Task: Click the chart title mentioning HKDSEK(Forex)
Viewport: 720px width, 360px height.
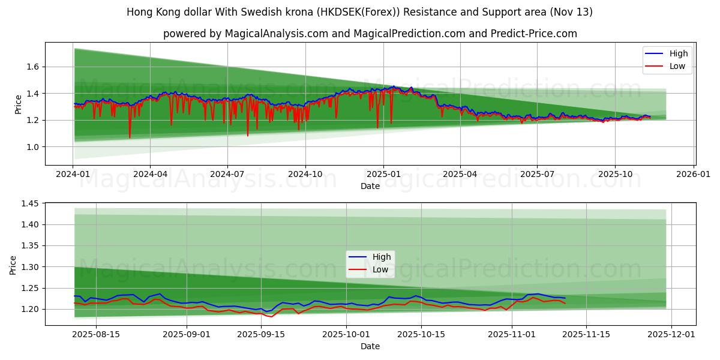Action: (x=360, y=12)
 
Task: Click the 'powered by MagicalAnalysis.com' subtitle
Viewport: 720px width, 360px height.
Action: (x=370, y=34)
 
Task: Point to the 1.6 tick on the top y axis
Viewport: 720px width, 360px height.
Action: (x=33, y=67)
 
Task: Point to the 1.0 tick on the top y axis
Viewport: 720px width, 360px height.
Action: (x=33, y=147)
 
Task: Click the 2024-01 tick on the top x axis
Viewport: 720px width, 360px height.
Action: (x=73, y=174)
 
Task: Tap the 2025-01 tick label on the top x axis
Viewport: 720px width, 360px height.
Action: (x=383, y=174)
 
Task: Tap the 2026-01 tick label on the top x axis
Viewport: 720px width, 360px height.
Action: (x=694, y=174)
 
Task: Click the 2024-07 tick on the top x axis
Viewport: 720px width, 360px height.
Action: (x=227, y=174)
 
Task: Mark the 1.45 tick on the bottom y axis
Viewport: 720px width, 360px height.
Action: (x=30, y=204)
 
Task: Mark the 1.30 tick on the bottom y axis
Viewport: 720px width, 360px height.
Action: (x=30, y=267)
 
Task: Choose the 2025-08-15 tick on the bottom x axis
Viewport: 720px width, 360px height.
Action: (x=96, y=334)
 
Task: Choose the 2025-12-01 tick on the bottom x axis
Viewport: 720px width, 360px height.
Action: (x=671, y=334)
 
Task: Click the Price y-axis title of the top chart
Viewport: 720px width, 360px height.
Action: (x=18, y=104)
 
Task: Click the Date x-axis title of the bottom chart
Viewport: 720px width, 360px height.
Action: (x=370, y=346)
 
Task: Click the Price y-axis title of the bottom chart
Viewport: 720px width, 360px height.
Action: (x=13, y=264)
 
